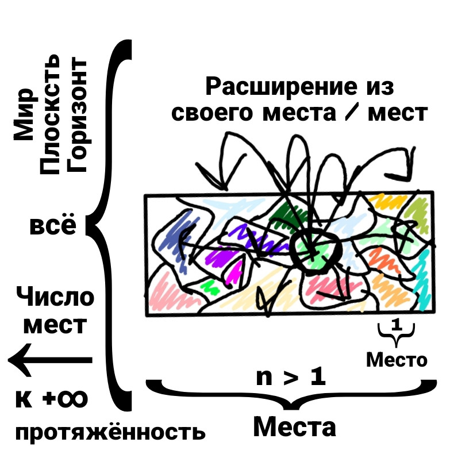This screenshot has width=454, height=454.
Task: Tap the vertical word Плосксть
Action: (x=50, y=114)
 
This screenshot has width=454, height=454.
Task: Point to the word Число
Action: (x=55, y=297)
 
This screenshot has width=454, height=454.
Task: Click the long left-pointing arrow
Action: (x=50, y=360)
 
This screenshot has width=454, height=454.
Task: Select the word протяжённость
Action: (x=110, y=432)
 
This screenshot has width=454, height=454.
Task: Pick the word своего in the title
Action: (x=212, y=113)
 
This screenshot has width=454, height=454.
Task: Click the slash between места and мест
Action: (x=352, y=113)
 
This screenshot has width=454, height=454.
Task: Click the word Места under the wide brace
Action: (x=295, y=427)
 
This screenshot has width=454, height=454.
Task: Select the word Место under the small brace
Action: (x=397, y=360)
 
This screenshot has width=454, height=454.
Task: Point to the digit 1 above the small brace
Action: (x=397, y=325)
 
